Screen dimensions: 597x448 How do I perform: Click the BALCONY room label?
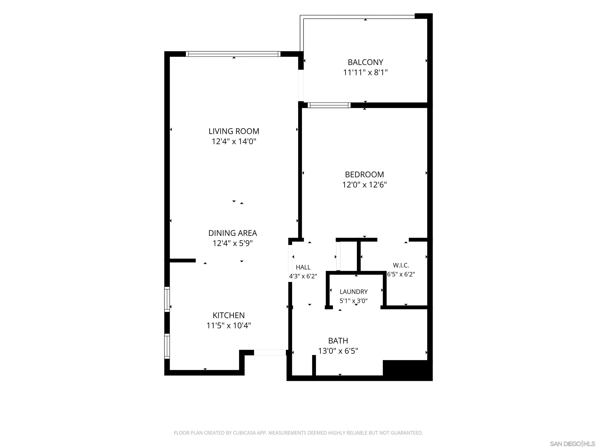(x=365, y=62)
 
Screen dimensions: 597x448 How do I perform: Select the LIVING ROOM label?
(x=234, y=131)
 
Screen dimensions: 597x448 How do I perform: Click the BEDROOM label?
(x=364, y=174)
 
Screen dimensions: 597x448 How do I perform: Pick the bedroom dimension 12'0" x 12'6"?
(x=364, y=185)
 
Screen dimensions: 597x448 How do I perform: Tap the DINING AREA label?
(x=233, y=233)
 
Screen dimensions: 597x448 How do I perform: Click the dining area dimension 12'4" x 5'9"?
(x=233, y=243)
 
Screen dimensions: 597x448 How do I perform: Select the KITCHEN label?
(x=229, y=315)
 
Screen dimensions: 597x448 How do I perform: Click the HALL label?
(x=303, y=267)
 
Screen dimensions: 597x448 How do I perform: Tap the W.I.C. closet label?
(x=401, y=265)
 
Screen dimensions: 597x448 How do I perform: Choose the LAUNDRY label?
(x=353, y=292)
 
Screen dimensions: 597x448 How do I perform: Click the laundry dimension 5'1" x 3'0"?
(x=353, y=301)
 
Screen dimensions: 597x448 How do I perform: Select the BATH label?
(x=338, y=341)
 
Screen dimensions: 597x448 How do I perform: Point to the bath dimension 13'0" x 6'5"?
(x=338, y=351)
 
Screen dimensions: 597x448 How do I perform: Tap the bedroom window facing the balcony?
(x=329, y=105)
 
